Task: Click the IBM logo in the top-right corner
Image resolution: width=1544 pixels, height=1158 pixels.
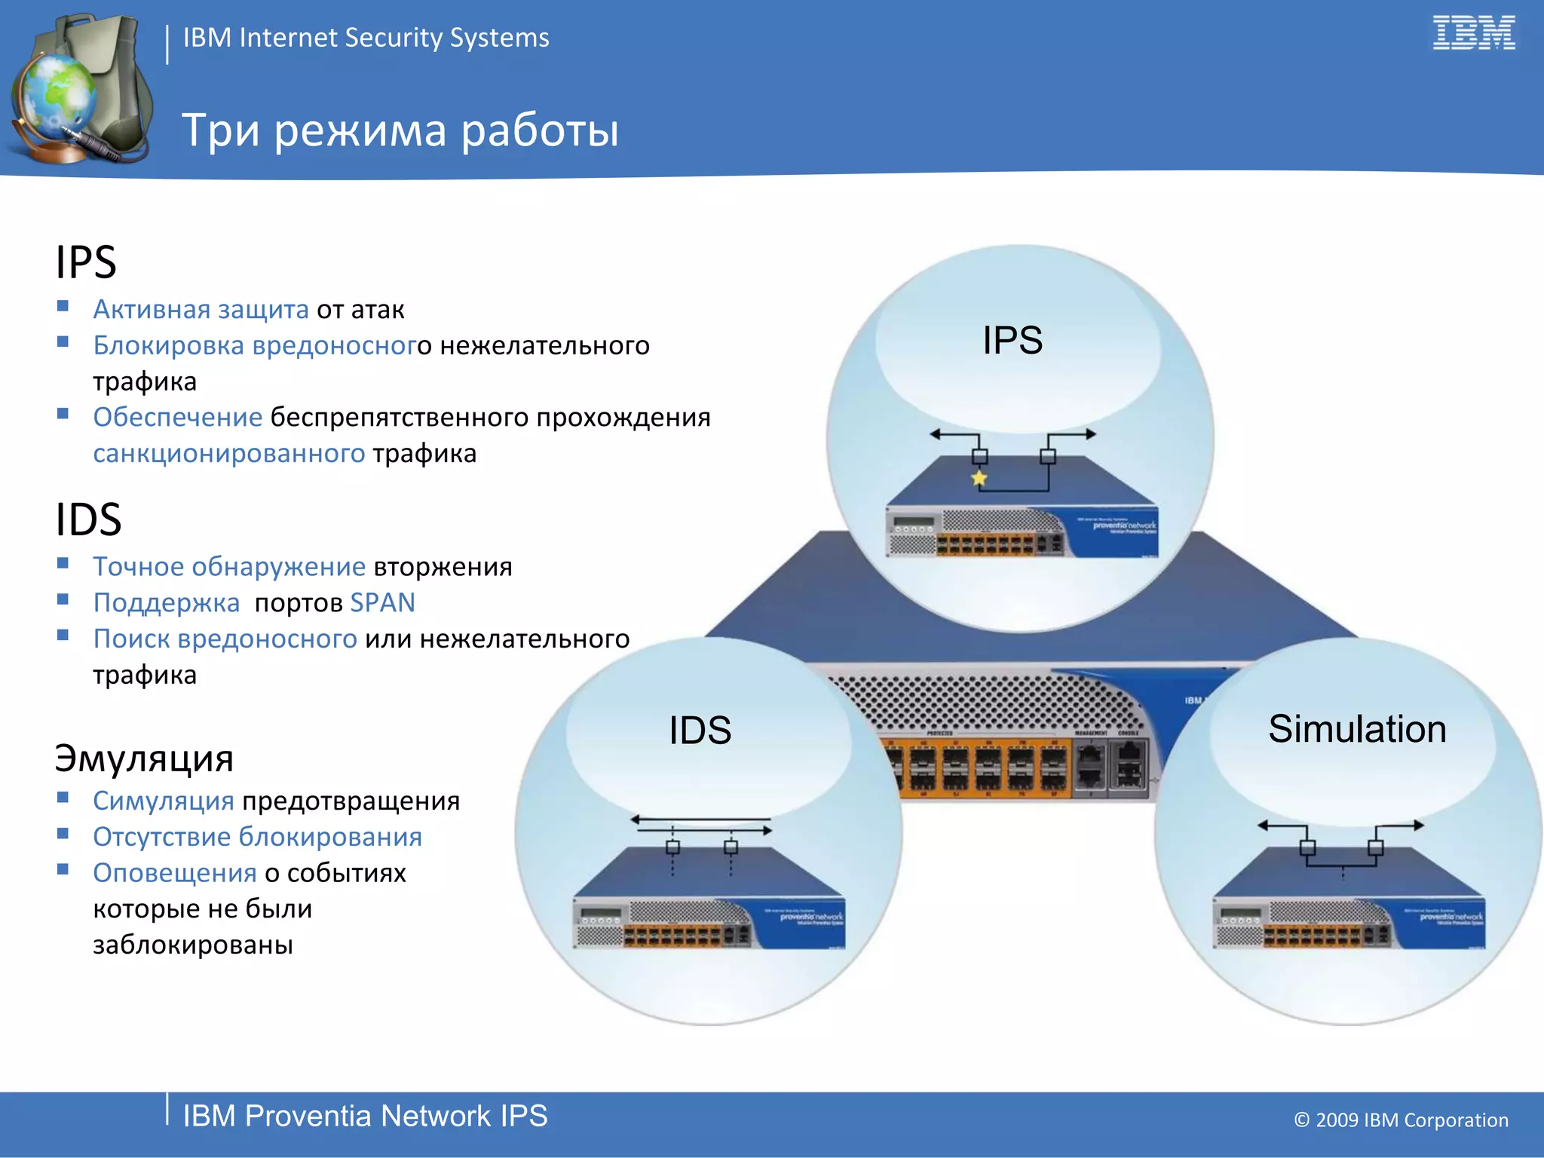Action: coord(1473,33)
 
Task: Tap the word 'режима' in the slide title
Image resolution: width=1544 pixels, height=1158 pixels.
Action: coord(360,130)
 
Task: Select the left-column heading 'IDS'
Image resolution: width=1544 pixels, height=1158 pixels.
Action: coord(88,519)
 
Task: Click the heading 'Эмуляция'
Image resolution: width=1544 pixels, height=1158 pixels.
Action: coord(144,758)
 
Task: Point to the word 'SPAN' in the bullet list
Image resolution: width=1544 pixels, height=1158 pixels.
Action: coord(383,602)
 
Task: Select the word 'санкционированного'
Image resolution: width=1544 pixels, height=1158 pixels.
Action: coord(228,453)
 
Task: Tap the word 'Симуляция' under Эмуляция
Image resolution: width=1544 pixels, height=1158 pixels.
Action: coord(163,801)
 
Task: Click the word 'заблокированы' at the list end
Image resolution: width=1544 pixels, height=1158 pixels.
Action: coord(193,944)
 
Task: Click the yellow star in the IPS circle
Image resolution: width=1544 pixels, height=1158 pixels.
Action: coord(979,478)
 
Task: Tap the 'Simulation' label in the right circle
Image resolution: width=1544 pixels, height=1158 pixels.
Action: coord(1357,729)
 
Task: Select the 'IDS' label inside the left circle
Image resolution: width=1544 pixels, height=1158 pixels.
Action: coord(700,731)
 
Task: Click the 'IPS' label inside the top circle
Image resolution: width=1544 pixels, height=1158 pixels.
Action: coord(1012,341)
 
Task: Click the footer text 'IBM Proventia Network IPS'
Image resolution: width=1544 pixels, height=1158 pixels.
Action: coord(365,1116)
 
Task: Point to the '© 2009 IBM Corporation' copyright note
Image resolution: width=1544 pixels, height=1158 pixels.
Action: coord(1401,1120)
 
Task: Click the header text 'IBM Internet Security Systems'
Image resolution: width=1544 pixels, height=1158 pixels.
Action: coord(366,38)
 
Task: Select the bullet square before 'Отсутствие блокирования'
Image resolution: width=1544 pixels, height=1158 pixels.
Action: coord(63,833)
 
